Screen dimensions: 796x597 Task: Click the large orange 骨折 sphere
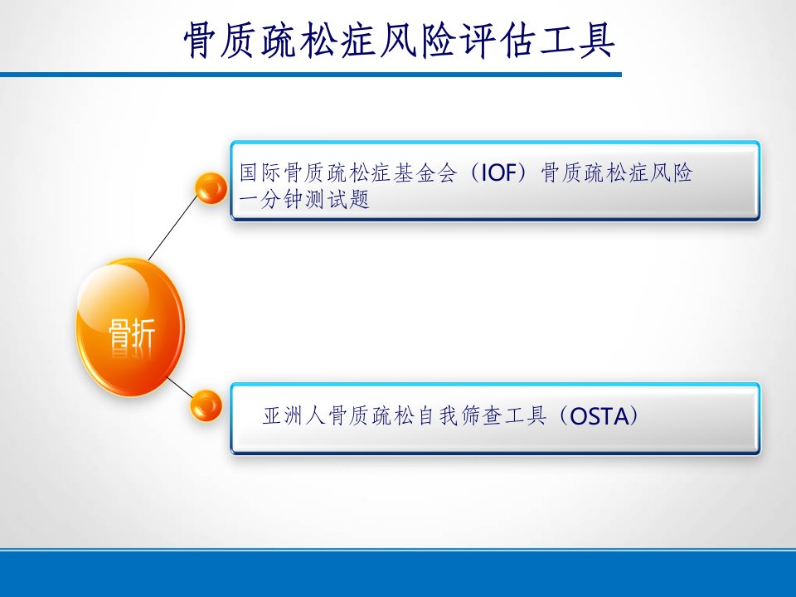pos(130,328)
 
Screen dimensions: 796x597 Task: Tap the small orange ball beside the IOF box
pos(211,188)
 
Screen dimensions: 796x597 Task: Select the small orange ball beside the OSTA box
pos(206,405)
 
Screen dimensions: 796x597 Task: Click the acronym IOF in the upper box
pos(498,173)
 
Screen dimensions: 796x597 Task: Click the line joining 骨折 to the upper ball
pos(172,227)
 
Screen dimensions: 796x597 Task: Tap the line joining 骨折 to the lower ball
pos(180,387)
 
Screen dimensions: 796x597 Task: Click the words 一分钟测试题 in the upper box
pos(304,200)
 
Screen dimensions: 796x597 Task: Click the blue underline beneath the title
pos(311,75)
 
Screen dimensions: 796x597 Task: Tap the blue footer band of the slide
pos(398,574)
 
